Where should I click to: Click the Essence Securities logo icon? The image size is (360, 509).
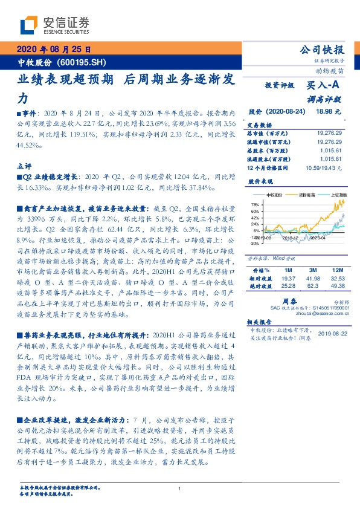28,25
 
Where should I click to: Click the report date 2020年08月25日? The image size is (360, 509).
54,50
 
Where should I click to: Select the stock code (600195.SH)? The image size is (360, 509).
84,62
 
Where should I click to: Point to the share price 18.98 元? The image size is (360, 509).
329,112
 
